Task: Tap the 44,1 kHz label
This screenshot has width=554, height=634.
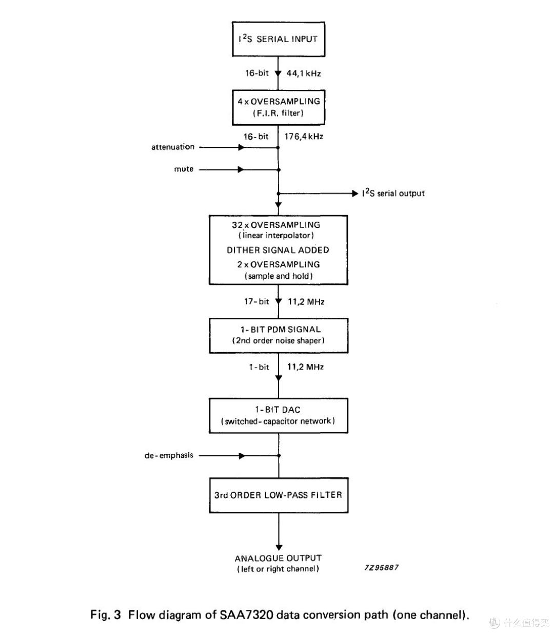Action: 303,73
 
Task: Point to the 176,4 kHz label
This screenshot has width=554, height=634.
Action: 304,137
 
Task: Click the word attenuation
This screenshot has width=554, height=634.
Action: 173,147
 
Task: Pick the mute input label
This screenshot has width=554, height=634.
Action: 184,169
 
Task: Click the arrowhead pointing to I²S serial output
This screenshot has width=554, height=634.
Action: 355,194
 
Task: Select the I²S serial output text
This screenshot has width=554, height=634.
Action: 393,193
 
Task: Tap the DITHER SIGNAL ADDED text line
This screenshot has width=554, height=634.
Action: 278,250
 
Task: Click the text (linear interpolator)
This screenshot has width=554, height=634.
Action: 276,236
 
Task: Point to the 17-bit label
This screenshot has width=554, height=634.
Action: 256,301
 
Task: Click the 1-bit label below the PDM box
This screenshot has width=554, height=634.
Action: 259,367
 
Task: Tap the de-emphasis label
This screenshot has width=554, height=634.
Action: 169,455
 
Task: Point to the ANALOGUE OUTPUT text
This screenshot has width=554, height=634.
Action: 278,558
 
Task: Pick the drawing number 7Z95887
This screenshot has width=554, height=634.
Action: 381,567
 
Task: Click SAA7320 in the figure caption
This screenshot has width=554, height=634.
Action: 247,614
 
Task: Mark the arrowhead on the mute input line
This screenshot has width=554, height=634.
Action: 241,169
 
